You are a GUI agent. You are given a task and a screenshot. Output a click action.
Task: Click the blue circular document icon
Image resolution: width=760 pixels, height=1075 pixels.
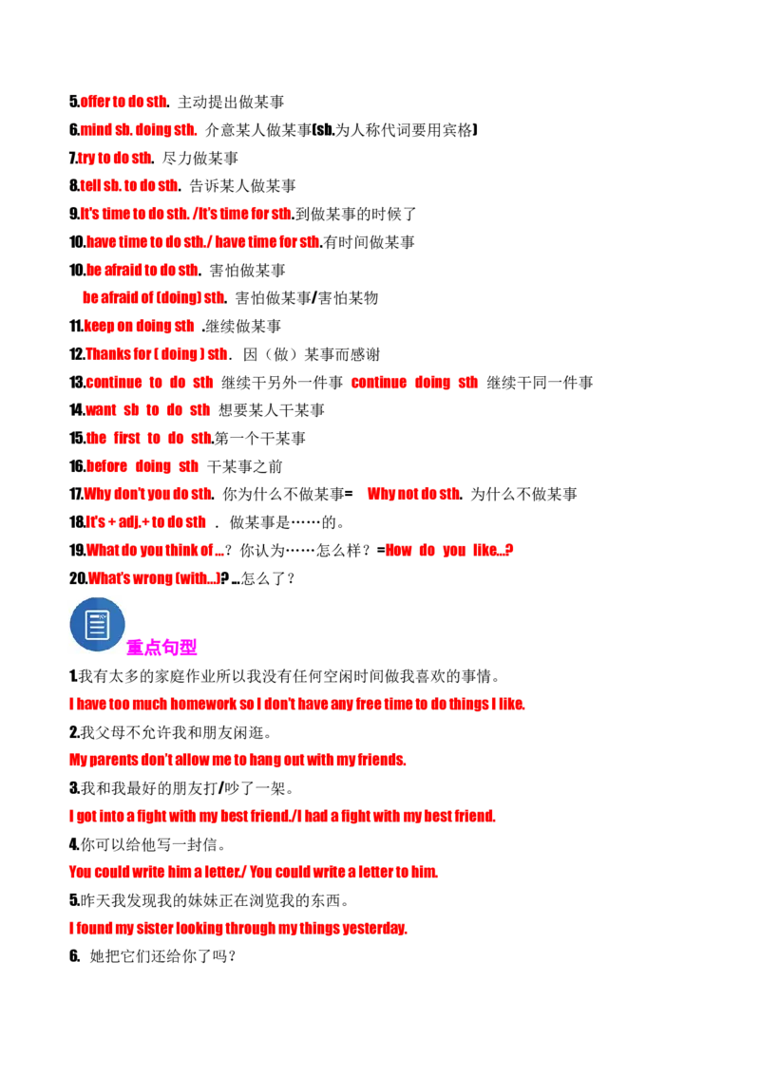coord(97,624)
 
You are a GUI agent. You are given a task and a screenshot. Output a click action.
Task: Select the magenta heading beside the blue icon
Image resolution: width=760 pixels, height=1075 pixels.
coord(161,647)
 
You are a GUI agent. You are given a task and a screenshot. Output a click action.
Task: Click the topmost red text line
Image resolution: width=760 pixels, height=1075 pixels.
coord(123,101)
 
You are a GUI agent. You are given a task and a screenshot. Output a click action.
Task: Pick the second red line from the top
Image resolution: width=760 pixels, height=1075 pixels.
coord(138,129)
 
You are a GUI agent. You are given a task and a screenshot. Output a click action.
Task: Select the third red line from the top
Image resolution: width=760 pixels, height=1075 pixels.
coord(114,158)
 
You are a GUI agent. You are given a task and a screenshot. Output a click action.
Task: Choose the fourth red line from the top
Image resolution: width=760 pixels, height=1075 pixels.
coord(128,185)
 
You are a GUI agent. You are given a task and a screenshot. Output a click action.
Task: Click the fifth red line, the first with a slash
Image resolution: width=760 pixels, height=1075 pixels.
coord(185,213)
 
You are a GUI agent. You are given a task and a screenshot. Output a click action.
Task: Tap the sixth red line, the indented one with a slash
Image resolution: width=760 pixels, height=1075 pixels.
coord(201,241)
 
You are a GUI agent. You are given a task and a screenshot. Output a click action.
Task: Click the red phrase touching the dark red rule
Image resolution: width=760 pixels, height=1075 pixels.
coord(448,550)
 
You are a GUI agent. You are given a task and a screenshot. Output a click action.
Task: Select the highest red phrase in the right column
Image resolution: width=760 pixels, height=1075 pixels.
coord(414,383)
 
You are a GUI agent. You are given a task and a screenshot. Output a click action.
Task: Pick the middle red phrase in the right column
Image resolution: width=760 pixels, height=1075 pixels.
coord(413,494)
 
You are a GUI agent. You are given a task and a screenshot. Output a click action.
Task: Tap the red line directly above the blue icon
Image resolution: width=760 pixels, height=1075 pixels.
coord(153,576)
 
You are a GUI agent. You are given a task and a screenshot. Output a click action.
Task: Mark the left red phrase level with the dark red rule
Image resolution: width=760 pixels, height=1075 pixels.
coord(155,550)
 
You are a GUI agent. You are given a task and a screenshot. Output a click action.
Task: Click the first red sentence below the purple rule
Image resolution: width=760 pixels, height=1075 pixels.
coord(296,705)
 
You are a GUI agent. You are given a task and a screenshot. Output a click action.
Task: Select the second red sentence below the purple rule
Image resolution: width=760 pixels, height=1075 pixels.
coord(237,760)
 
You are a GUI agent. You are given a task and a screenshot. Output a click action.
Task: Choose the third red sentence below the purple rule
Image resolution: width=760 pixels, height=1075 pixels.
coord(283,816)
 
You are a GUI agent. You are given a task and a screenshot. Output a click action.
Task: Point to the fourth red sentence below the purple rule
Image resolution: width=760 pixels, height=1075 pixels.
coord(254,872)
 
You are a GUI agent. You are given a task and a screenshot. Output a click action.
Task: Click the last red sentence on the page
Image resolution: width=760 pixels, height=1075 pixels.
coord(237,927)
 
